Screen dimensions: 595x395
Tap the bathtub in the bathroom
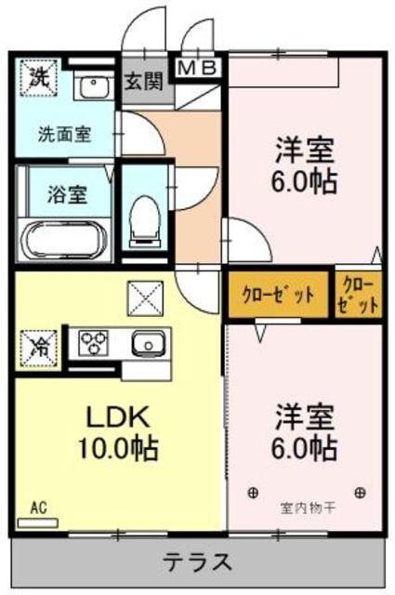[x=64, y=236]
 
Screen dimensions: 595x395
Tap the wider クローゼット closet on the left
[x=278, y=295]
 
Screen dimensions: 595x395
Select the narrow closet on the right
[x=359, y=295]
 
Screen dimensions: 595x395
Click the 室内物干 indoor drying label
[x=306, y=509]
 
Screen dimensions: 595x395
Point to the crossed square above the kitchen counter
[x=144, y=299]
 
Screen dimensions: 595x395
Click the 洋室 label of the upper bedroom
[x=305, y=149]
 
